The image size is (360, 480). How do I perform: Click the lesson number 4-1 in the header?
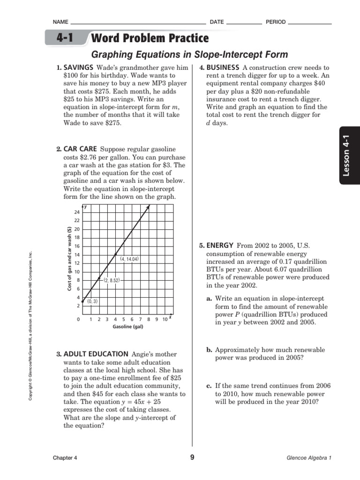coord(66,37)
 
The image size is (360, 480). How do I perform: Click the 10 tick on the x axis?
coord(165,319)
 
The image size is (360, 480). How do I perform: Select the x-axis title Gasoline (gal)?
coord(127,327)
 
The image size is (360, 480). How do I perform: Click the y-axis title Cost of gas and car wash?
coord(69,258)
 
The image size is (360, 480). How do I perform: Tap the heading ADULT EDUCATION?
coord(96,354)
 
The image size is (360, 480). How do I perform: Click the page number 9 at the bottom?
coord(192,457)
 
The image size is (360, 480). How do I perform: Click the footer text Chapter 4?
coord(65,458)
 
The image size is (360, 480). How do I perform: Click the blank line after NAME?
coord(138,22)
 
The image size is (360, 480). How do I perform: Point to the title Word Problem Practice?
coord(150,38)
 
